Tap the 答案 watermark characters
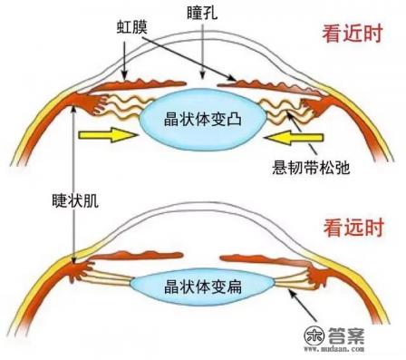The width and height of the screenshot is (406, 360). [359, 332]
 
